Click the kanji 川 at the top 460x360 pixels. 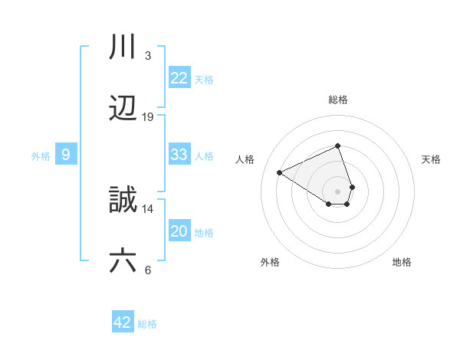[x=123, y=47]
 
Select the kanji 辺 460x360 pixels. [x=123, y=109]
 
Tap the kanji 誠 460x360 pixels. [x=123, y=200]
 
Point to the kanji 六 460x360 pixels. [x=123, y=261]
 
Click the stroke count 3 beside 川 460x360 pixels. [x=147, y=56]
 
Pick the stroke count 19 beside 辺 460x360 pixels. [x=148, y=117]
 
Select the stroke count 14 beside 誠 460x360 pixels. [x=148, y=208]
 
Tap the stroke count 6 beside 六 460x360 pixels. [x=147, y=270]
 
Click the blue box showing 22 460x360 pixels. [x=179, y=78]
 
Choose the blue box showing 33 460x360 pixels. [x=179, y=155]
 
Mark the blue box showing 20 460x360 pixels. [x=179, y=231]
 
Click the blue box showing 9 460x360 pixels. [x=66, y=155]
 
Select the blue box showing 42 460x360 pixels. [x=123, y=322]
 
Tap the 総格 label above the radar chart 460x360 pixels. [x=338, y=100]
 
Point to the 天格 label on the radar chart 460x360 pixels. [x=432, y=159]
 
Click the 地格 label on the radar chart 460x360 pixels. [x=402, y=262]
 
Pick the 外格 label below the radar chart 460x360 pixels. [x=270, y=262]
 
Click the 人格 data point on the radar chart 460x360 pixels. [x=280, y=172]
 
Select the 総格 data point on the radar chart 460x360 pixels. [x=338, y=146]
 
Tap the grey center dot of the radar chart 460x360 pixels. [x=338, y=191]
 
